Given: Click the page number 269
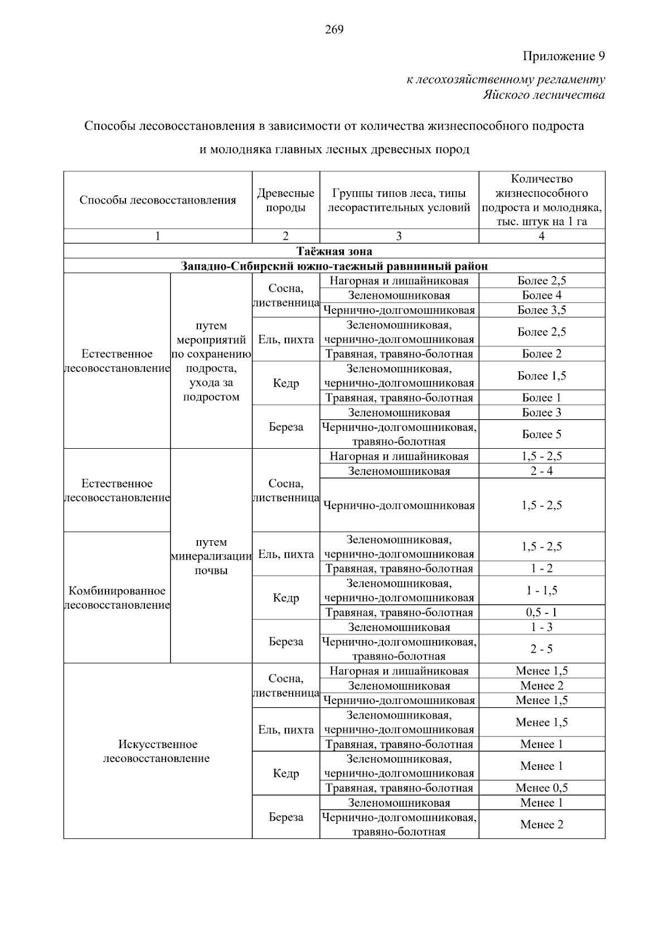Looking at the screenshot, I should click(334, 30).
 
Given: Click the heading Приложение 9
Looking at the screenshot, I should click(563, 56).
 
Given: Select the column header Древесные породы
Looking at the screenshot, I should click(285, 200).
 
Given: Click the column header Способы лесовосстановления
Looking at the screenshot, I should click(158, 200).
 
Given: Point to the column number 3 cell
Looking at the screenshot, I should click(399, 236).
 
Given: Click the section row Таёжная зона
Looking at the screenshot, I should click(334, 251).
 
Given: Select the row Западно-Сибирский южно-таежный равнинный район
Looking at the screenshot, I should click(334, 266).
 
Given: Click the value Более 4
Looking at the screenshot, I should click(541, 295).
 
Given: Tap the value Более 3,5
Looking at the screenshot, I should click(541, 310).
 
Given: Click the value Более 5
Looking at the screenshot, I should click(541, 434).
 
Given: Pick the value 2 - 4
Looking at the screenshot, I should click(541, 471).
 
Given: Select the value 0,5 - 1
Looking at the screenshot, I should click(541, 613).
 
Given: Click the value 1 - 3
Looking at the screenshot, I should click(541, 627).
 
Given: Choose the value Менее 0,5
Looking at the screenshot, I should click(541, 788).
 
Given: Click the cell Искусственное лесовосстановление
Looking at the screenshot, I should click(158, 751).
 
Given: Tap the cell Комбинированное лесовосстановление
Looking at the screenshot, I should click(117, 598).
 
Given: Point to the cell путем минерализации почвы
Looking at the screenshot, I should click(211, 556).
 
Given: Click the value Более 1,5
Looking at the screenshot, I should click(541, 376).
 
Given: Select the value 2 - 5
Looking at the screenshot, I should click(541, 649).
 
